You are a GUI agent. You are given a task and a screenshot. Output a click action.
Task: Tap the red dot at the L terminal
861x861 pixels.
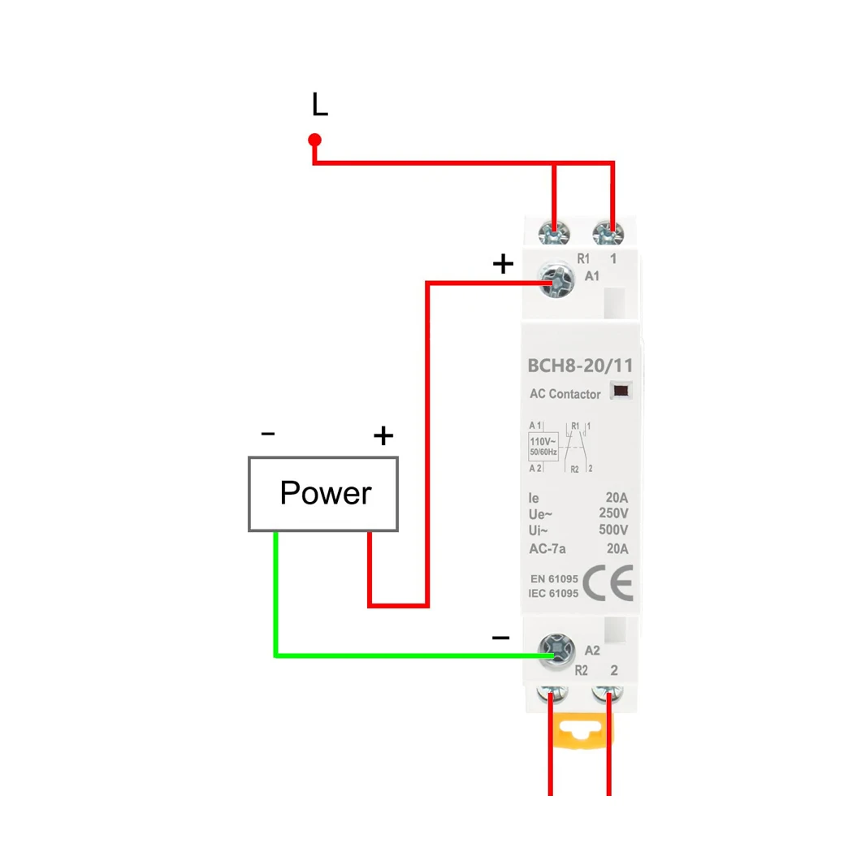coord(315,140)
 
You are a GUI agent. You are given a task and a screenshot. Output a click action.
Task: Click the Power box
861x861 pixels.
coord(323,494)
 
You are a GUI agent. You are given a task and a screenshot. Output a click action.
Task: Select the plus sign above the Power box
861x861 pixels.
coord(383,436)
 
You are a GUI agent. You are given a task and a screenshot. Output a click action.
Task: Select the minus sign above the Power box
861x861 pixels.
coord(268,434)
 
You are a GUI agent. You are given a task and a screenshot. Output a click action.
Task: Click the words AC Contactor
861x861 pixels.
coord(565,394)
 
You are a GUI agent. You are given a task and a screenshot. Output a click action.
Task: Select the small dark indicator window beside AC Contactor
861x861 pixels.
coord(621,391)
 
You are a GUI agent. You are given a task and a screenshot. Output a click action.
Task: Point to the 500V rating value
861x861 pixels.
coord(612,530)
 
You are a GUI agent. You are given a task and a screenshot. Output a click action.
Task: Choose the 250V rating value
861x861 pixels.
coord(612,514)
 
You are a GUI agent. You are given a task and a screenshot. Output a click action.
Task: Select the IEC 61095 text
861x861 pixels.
coord(553,594)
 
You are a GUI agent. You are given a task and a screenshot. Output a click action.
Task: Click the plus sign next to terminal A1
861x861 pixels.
coord(504,264)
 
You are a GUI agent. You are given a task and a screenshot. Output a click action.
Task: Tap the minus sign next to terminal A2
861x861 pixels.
coord(501,638)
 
